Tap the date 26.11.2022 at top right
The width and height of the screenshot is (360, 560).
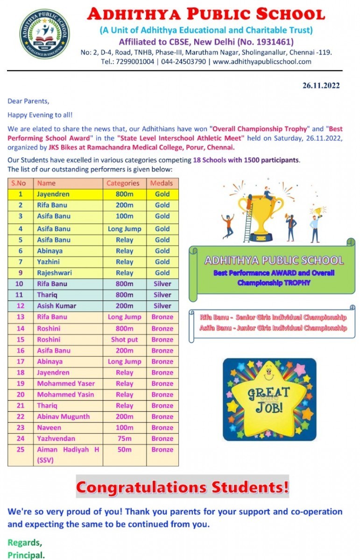[321, 85]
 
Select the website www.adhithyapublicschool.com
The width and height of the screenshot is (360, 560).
[262, 62]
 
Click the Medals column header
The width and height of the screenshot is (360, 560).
[162, 183]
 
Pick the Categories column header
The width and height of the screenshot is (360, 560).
[123, 183]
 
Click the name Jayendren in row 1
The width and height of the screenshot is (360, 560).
[53, 194]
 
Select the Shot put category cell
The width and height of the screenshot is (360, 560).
[124, 339]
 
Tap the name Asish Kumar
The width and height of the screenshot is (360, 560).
[56, 306]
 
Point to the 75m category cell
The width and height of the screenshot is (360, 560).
[124, 438]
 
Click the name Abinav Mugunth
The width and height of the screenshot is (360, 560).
[63, 416]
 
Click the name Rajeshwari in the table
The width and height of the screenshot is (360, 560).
[54, 273]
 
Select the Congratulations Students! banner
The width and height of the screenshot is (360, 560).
[182, 487]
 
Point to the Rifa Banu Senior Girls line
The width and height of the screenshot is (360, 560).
[273, 317]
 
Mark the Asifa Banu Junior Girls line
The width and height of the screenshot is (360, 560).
[273, 328]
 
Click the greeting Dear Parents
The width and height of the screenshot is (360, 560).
[28, 101]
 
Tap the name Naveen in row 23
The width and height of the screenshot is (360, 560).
[49, 427]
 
